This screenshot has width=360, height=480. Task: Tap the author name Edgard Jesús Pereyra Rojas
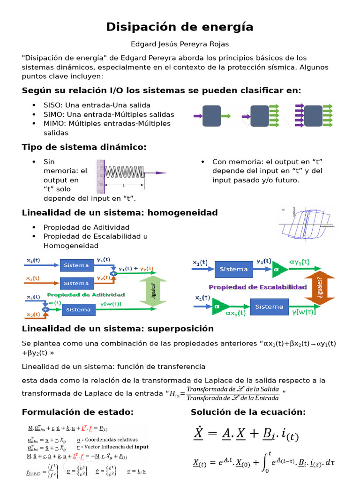click(x=180, y=44)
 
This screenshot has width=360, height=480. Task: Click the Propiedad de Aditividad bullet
click(x=86, y=227)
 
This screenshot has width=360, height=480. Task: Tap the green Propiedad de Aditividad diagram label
click(x=86, y=294)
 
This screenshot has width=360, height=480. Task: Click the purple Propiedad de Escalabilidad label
click(x=258, y=287)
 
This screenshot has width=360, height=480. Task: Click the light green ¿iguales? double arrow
click(x=153, y=291)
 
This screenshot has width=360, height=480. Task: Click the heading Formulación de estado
click(x=78, y=412)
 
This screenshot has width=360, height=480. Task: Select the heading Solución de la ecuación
click(x=248, y=412)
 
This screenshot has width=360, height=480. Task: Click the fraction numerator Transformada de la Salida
click(x=232, y=390)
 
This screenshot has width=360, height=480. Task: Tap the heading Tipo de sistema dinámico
click(x=84, y=147)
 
